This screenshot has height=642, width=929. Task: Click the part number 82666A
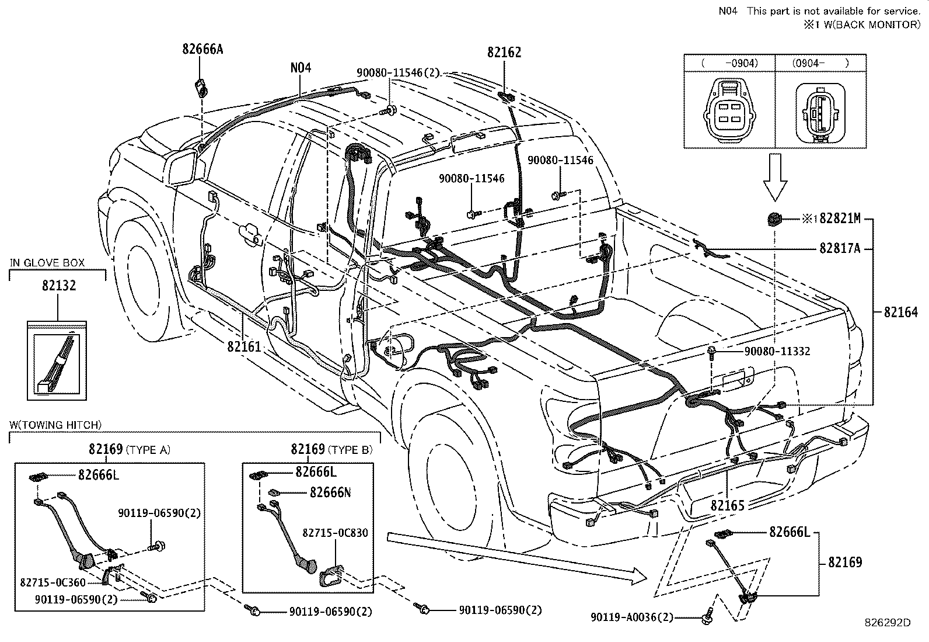point(202,50)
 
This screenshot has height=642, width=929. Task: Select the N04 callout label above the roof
point(301,68)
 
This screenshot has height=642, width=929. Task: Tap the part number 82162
point(504,53)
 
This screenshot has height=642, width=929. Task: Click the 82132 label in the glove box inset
point(58,286)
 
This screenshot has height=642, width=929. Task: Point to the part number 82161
point(244,346)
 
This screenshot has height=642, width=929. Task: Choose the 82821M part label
point(840,218)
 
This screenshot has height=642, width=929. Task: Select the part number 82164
point(901,312)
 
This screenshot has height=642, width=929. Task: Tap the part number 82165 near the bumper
point(728,505)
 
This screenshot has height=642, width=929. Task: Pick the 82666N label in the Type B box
point(330,492)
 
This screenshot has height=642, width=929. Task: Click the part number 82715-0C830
point(335,533)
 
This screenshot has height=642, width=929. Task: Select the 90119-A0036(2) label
point(631,617)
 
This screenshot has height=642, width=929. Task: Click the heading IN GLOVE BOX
point(47,263)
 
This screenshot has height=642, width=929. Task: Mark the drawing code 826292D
point(888,623)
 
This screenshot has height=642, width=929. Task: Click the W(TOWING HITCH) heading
point(55,425)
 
